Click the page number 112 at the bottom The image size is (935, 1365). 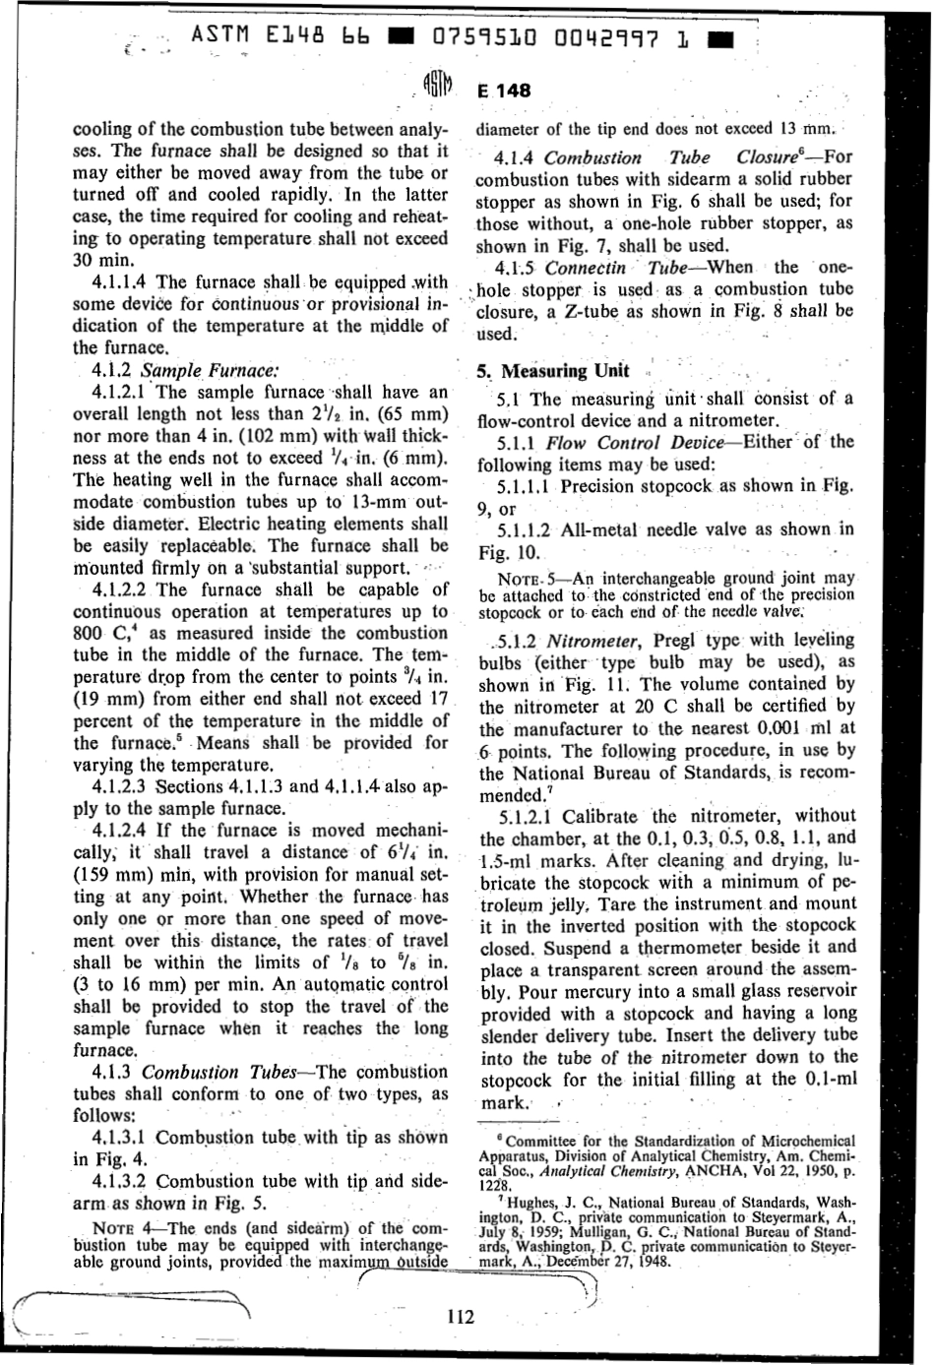[460, 1317]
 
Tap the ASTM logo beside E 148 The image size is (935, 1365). [437, 90]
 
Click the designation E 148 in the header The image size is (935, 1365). [504, 91]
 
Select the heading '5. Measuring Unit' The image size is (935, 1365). [553, 371]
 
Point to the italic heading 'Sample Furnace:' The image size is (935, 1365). [212, 371]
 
